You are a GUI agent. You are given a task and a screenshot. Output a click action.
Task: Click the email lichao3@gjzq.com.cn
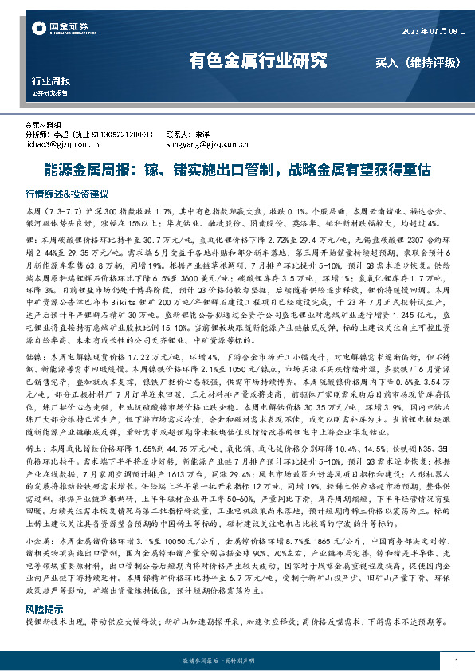(61, 144)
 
